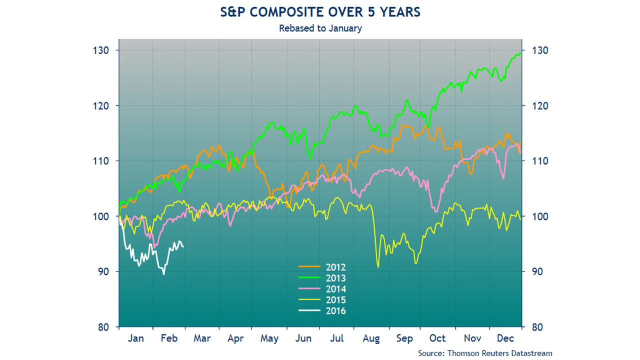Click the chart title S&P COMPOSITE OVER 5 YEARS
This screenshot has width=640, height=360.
(320, 12)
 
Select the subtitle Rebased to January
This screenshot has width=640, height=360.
(320, 28)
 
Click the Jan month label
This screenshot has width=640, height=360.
(135, 338)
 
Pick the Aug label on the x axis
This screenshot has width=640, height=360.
(370, 338)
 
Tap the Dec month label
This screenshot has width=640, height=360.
(505, 338)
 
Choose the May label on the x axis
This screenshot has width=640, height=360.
(269, 338)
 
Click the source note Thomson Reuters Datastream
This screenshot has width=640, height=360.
(485, 353)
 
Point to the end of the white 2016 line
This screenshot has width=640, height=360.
(183, 246)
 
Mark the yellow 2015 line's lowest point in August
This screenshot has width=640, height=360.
(378, 267)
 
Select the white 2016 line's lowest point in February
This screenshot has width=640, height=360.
(163, 274)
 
